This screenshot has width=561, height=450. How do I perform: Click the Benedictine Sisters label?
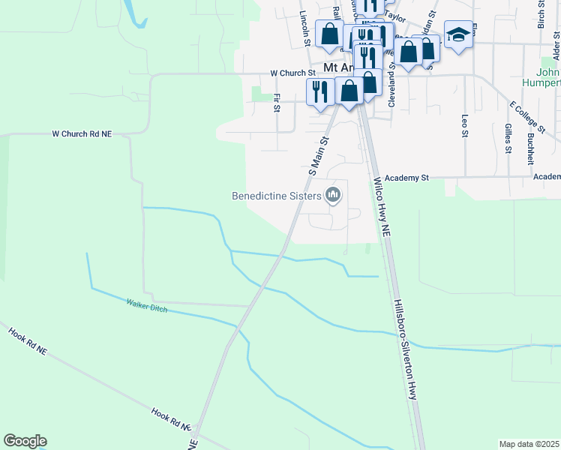pos(276,196)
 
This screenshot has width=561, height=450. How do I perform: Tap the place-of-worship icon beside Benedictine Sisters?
pos(334,196)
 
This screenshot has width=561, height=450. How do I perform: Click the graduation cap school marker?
pos(457,34)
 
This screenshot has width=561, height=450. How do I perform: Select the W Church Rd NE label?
pos(82,133)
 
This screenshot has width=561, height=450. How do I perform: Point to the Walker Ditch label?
pos(146,305)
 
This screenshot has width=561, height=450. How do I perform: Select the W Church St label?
pos(293,73)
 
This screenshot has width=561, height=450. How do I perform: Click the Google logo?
pos(25,441)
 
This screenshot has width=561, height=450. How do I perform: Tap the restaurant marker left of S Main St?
pos(320,91)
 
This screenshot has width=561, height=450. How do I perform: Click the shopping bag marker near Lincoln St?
pos(330,33)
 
